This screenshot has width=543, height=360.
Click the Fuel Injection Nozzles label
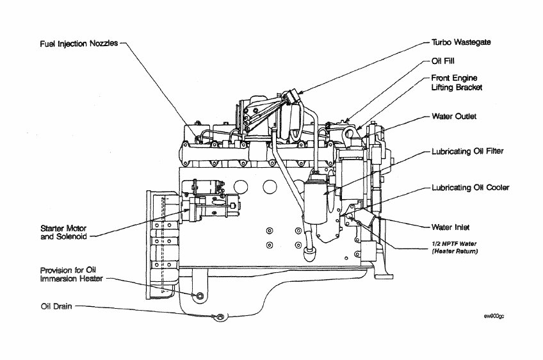click(x=79, y=44)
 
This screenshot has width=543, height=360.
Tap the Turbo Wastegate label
click(x=461, y=42)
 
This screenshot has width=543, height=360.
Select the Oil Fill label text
click(x=443, y=61)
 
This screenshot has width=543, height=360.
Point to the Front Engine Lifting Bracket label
click(x=457, y=83)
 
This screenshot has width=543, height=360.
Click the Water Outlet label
click(x=454, y=117)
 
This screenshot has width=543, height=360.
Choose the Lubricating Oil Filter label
click(x=467, y=151)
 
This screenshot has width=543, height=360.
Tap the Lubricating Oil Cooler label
click(x=470, y=188)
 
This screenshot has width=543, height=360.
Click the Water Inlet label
click(x=451, y=227)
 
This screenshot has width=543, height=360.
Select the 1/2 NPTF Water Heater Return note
click(x=455, y=247)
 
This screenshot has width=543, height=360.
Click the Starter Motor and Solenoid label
click(x=63, y=233)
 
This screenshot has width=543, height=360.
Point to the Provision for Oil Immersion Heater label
click(x=71, y=274)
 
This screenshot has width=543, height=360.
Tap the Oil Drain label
click(x=56, y=306)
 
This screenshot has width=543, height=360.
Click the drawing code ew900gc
click(x=494, y=316)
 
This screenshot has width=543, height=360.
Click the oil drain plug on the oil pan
click(x=220, y=316)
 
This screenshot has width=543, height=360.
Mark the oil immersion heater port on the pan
click(x=200, y=296)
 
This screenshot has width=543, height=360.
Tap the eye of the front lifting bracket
click(x=350, y=133)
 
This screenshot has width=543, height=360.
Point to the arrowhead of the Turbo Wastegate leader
click(x=300, y=92)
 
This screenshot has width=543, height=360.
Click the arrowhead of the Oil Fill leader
click(x=347, y=120)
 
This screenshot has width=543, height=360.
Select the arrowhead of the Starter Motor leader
click(x=187, y=210)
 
